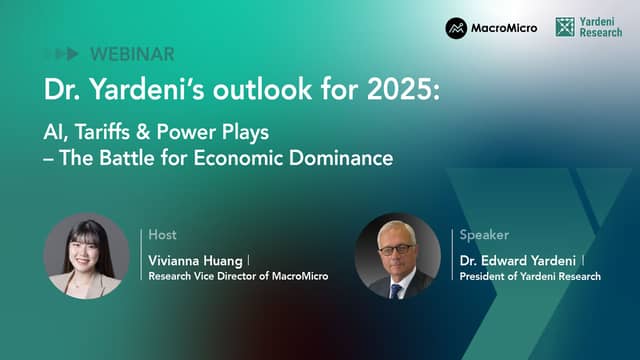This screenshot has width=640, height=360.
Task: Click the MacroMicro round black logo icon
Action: point(456,28)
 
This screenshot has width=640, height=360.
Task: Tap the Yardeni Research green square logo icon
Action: point(565,27)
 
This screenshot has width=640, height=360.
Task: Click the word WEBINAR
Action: point(132,54)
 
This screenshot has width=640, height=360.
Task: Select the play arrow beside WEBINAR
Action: point(72,53)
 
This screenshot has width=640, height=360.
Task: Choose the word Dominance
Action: point(341,158)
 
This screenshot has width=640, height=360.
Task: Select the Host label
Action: point(162,235)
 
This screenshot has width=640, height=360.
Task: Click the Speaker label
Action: point(484,235)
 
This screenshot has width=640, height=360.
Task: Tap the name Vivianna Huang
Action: point(196,261)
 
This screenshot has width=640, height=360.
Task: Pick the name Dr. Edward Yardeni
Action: point(518,260)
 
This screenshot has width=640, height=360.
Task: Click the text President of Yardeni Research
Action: point(530,276)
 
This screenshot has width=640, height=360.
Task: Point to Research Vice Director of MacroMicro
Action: point(238,276)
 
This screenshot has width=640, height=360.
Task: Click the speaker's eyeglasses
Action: point(395,249)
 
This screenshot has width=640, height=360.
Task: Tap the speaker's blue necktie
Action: point(395,291)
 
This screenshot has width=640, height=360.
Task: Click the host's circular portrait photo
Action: point(86,256)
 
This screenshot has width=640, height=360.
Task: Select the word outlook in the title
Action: point(262,89)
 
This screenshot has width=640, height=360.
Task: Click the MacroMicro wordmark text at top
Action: point(504,28)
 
